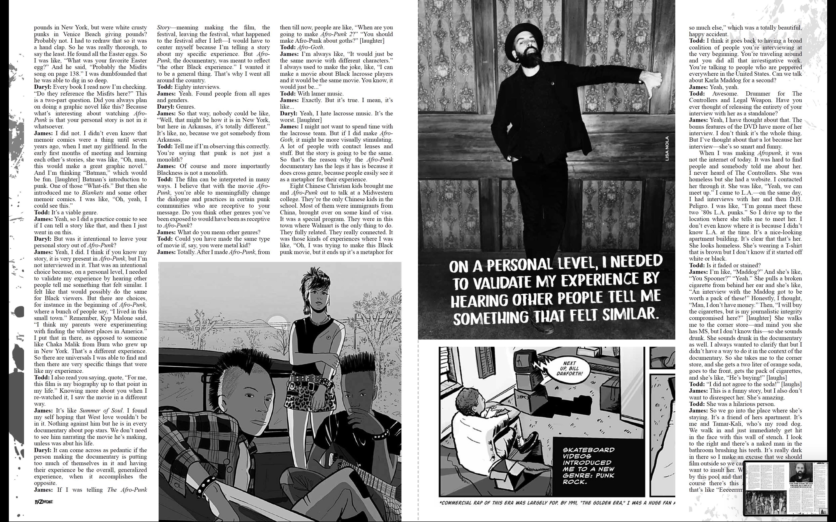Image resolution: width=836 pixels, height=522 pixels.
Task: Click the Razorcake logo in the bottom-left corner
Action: [44, 502]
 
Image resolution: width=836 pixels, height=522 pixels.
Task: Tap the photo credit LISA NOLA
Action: [667, 148]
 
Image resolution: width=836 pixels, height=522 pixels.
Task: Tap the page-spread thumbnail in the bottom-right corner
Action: [786, 488]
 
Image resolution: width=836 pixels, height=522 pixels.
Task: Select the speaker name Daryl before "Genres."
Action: [165, 107]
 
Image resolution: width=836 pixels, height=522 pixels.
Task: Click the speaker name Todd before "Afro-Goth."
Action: [287, 47]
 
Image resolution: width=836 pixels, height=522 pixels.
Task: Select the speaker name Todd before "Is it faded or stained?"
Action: [697, 265]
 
